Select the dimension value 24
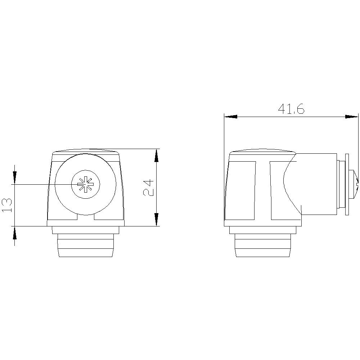coord(149,187)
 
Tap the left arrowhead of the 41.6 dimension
coord(231,117)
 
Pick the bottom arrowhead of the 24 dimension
coord(156,219)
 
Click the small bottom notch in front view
coord(86,217)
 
